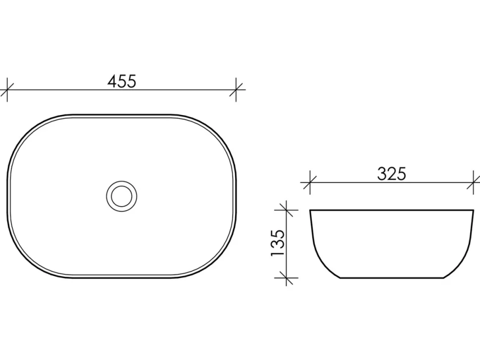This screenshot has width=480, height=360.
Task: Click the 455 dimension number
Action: (122, 82)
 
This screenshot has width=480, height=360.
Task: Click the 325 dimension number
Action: (391, 174)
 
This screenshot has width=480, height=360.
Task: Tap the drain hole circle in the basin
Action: (122, 196)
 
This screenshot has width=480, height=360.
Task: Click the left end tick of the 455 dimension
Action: (7, 90)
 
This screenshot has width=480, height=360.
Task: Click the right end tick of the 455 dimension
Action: (236, 90)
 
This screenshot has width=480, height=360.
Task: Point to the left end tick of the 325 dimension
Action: (310, 182)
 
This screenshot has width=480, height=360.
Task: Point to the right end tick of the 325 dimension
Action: (474, 182)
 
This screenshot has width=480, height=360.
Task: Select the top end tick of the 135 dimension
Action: (286, 210)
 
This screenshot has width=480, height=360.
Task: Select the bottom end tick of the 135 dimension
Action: (286, 278)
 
